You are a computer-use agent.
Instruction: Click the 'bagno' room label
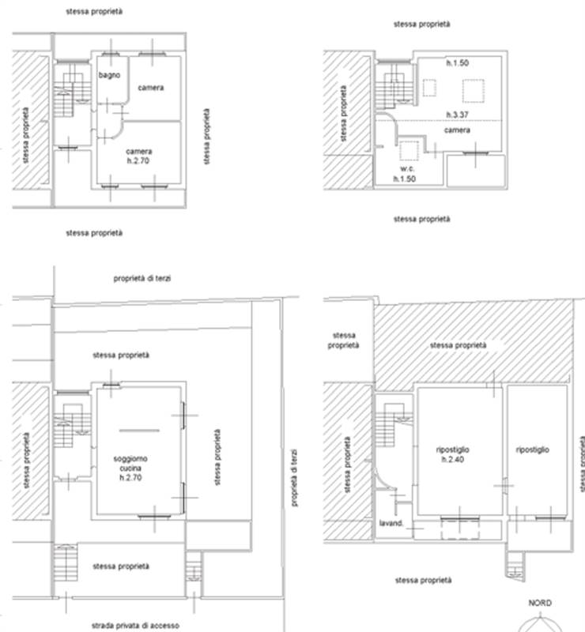pos(109,75)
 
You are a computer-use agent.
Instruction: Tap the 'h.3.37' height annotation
pos(457,115)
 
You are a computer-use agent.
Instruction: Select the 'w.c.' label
pos(407,168)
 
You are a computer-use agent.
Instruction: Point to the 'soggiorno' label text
pos(130,459)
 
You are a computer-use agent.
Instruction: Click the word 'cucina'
pos(130,468)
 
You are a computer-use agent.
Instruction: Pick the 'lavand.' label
pos(391,523)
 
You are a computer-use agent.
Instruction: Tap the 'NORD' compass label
pos(540,603)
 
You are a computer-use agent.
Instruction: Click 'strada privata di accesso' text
pos(135,626)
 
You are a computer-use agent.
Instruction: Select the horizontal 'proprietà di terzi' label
pos(142,279)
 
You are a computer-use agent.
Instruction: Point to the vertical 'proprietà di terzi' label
pos(294,478)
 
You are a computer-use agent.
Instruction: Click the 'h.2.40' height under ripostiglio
pos(453,460)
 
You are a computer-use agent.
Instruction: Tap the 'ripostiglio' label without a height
pos(533,450)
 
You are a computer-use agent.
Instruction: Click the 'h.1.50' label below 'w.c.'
pos(405,179)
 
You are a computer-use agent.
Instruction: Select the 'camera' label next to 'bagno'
pos(151,88)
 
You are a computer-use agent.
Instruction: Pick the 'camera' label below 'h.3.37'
pos(457,130)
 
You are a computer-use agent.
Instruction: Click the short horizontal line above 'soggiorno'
pos(140,431)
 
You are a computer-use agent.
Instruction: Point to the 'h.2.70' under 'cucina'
pos(130,478)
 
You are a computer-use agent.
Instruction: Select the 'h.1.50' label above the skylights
pos(457,63)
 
